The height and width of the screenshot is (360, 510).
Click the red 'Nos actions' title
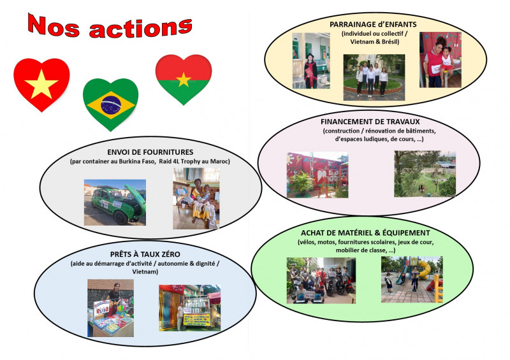[110, 26]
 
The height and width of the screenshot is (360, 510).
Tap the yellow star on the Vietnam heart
[41, 84]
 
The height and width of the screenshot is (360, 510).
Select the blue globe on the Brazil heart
[111, 104]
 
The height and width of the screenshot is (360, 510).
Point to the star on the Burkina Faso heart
[184, 80]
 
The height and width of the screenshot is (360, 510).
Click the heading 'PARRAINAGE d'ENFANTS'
[373, 24]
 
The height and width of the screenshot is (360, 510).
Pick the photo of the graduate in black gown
[311, 61]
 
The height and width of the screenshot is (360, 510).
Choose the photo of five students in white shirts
[374, 77]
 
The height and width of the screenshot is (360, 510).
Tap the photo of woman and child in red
[441, 59]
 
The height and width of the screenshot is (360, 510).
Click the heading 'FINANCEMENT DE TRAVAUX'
[370, 122]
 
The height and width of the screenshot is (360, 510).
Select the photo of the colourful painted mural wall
[317, 175]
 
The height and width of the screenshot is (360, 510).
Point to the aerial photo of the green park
[425, 174]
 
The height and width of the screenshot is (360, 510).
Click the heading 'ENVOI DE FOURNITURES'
[150, 152]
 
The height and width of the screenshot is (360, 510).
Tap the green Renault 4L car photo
[115, 202]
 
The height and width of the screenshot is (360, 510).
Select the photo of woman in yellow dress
[196, 198]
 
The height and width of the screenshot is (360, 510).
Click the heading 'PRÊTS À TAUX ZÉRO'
[145, 254]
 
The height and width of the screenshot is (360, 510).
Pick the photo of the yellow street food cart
[189, 308]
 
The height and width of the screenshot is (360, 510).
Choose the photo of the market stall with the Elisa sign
[110, 308]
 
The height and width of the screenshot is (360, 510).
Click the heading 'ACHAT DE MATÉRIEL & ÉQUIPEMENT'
[365, 233]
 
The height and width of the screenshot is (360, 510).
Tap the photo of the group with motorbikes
[321, 280]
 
